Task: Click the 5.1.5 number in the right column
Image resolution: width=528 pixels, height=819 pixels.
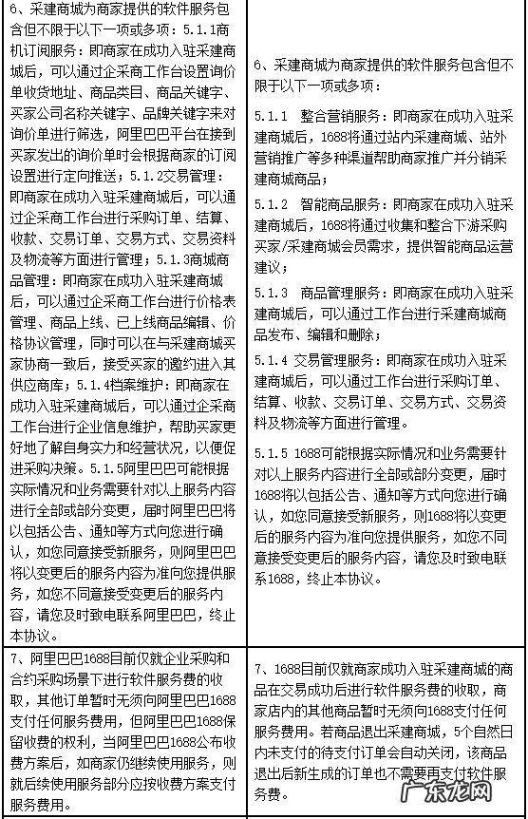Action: (273, 451)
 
